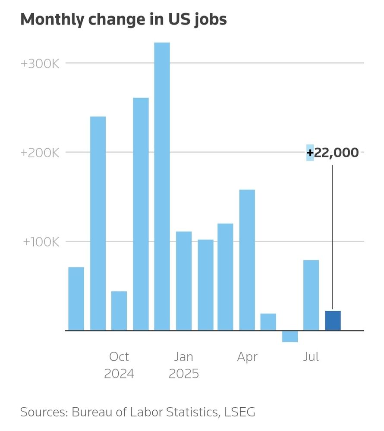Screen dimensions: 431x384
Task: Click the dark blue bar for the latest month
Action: [x=333, y=321]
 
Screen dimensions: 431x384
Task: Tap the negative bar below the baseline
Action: [x=290, y=336]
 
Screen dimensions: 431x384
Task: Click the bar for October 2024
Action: [x=119, y=311]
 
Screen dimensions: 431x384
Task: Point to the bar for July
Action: [x=311, y=295]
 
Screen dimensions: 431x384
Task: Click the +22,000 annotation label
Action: [x=333, y=153]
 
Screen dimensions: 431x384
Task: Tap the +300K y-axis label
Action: [x=40, y=63]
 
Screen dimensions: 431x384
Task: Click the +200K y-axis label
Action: [x=40, y=153]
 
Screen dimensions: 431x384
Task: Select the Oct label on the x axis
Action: [x=119, y=357]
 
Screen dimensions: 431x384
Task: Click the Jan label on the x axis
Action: [x=184, y=357]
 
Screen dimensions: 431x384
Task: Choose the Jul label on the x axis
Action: [x=311, y=357]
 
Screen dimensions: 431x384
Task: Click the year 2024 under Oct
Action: [x=119, y=374]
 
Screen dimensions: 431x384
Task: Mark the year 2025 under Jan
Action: [x=184, y=374]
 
